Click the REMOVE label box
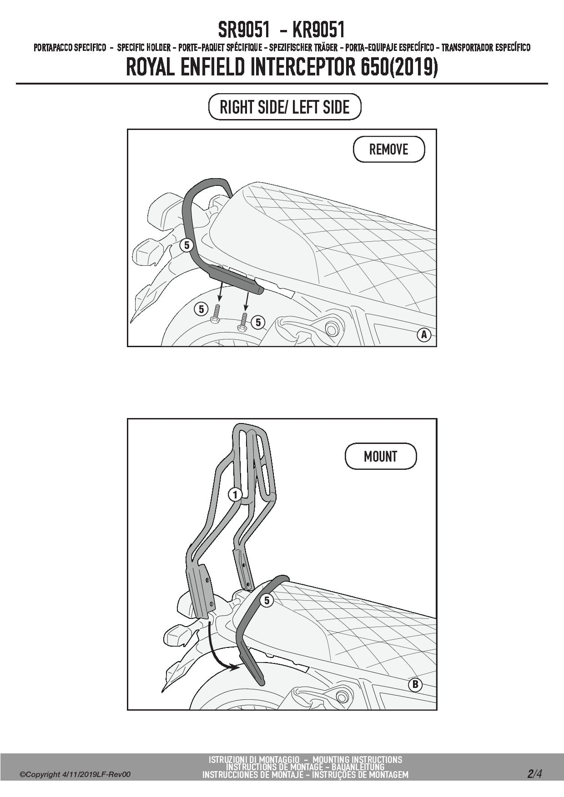[389, 149]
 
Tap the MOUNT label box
[381, 456]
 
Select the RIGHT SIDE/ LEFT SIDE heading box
[285, 107]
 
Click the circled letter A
[424, 335]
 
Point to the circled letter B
[415, 685]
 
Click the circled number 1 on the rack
[235, 494]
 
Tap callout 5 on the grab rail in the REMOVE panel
[186, 245]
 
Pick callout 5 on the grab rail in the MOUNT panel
[267, 600]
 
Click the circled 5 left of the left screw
[201, 309]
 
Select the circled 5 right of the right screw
[258, 322]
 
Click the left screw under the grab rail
[216, 314]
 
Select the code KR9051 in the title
[319, 30]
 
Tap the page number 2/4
[534, 773]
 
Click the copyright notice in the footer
[75, 774]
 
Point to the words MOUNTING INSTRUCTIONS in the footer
[357, 759]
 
